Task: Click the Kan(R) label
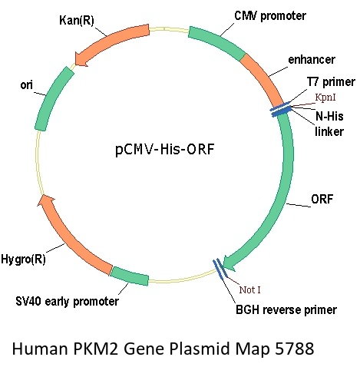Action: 77,21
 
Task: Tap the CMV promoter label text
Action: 270,16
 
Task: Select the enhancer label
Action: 312,60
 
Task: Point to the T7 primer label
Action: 331,82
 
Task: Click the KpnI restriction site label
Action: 325,98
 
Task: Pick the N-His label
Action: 329,116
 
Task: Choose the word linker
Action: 329,131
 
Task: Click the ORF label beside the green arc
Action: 322,199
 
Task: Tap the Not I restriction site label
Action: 249,289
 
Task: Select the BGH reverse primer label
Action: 286,310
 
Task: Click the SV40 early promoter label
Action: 67,301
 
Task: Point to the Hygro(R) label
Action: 23,260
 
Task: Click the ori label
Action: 26,85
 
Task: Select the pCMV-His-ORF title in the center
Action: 164,150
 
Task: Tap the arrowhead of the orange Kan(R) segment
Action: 81,59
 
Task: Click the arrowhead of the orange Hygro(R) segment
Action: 45,200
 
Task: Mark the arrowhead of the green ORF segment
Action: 230,263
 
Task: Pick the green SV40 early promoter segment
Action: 130,276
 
